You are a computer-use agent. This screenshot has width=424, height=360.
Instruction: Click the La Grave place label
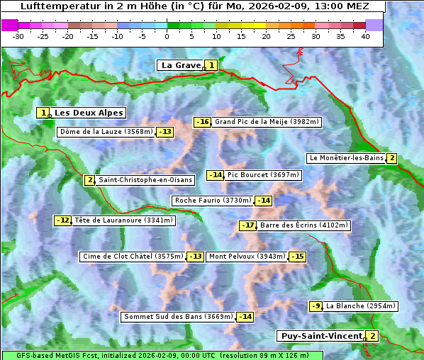pos(181,65)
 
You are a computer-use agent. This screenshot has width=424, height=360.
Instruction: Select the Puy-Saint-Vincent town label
pos(321,336)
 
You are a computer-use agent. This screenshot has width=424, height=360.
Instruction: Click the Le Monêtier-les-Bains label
pos(346,158)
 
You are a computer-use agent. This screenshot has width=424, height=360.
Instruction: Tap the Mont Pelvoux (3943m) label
pos(247,257)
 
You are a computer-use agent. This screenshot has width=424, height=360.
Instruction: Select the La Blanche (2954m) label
pos(360,306)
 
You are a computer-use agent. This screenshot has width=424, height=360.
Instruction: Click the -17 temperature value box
pos(247,225)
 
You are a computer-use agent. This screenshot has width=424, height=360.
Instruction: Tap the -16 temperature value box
pos(203,122)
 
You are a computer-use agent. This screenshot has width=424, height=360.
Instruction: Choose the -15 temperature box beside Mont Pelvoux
pos(297,257)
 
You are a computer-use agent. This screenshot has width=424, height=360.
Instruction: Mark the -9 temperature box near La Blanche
pos(316,306)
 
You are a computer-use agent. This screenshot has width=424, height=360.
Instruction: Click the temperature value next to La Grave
pos(211,65)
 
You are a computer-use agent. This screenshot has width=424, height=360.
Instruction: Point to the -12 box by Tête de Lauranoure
pos(63,220)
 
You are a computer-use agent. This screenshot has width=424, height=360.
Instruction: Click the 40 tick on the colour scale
pos(365,36)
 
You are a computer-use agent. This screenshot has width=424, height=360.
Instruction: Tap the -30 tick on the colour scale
pos(18,36)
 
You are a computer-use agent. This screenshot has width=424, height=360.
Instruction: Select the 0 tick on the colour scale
pos(167,36)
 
